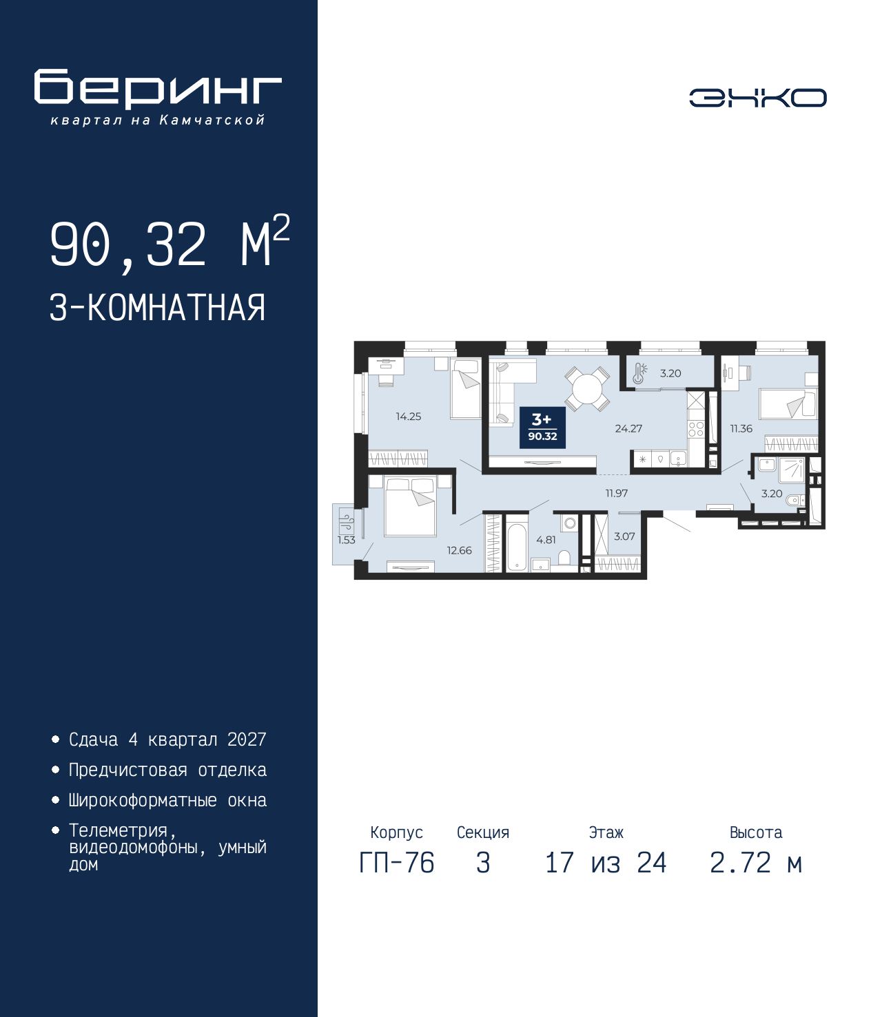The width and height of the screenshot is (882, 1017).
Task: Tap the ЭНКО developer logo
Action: click(757, 98)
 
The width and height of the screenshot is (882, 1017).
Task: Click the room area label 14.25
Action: click(408, 417)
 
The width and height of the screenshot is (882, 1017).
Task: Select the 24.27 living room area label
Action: click(628, 428)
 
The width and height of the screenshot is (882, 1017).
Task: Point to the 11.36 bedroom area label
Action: click(741, 428)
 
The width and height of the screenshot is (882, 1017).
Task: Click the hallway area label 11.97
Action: click(617, 493)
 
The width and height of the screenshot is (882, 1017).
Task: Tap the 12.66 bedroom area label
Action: click(459, 550)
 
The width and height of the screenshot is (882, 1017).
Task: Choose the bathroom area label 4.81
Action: click(546, 540)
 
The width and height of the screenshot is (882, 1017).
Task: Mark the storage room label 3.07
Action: click(624, 536)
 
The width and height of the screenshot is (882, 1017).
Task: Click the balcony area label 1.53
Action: click(346, 540)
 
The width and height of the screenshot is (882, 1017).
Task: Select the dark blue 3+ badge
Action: click(542, 428)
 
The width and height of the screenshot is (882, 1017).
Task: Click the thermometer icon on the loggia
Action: click(639, 373)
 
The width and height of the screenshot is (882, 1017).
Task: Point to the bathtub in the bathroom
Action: click(517, 548)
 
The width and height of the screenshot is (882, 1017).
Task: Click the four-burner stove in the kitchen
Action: click(696, 429)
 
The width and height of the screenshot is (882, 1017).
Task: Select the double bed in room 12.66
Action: click(410, 507)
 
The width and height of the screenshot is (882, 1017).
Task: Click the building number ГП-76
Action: click(397, 863)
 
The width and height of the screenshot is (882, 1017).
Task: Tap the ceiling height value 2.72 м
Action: click(756, 863)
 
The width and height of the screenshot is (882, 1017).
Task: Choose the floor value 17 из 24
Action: click(606, 863)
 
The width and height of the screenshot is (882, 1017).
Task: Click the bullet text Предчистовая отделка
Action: click(167, 770)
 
